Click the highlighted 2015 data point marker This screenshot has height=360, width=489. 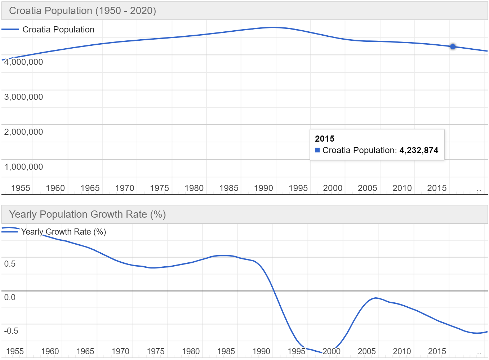(453, 46)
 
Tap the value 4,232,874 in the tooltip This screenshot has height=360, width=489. (419, 150)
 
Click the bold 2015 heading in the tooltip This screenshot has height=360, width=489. (324, 139)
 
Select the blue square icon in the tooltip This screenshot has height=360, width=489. (317, 150)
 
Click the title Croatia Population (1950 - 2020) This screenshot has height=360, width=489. (83, 11)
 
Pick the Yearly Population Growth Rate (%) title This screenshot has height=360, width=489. (87, 214)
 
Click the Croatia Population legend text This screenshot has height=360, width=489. (58, 30)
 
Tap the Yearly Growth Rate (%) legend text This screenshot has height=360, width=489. (63, 232)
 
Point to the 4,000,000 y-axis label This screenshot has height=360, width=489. (23, 62)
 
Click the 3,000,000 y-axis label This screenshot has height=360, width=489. (23, 97)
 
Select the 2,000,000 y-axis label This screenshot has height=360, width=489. (23, 132)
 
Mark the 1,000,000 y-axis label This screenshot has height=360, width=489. (23, 167)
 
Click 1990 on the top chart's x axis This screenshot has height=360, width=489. (263, 188)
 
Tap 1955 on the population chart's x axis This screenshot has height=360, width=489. (21, 188)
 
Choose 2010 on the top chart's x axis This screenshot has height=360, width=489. (402, 188)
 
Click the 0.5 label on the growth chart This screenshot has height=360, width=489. (10, 264)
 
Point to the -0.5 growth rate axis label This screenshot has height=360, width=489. (11, 331)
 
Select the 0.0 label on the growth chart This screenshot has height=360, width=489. (10, 297)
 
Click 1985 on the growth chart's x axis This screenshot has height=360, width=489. (226, 351)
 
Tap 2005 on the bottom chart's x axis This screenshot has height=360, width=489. (367, 351)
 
